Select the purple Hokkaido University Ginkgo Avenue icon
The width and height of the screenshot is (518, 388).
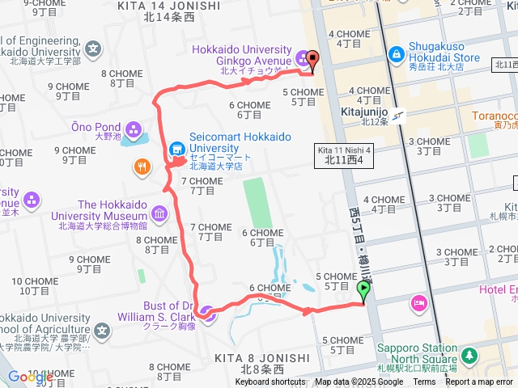303,57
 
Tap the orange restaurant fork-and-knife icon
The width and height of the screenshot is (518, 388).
142,167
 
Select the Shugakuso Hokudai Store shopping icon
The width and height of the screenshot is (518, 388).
397,55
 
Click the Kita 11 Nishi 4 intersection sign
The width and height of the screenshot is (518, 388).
344,156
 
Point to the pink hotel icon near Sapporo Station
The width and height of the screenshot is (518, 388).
419,303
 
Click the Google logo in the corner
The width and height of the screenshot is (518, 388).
31,377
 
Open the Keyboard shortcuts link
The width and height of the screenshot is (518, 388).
270,382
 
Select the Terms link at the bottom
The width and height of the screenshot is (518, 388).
424,382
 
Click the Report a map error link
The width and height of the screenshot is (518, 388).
479,382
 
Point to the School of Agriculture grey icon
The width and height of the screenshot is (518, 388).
102,330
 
